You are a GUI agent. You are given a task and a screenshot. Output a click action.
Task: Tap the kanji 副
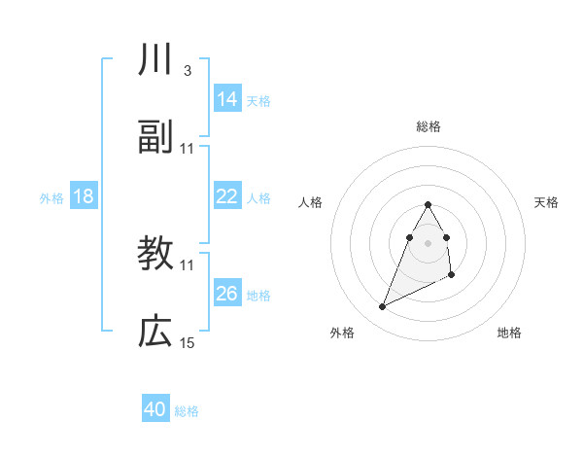pos(155,139)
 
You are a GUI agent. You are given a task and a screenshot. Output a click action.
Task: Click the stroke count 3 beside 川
pos(187,72)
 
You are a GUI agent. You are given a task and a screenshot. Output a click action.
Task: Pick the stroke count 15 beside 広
pos(188,342)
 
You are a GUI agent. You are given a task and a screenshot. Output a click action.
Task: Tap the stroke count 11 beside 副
pos(188,148)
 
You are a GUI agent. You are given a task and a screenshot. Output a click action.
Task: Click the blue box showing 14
pos(227,99)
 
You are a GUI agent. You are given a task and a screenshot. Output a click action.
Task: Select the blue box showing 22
pos(227,197)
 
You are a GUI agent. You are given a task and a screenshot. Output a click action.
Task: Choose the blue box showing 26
pos(227,294)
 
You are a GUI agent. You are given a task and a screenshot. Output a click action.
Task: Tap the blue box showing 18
pos(84,197)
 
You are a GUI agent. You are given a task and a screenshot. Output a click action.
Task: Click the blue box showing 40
pos(155,409)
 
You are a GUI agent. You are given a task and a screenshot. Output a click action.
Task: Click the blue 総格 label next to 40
pos(187,411)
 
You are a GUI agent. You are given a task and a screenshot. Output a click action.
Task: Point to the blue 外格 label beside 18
pos(51,198)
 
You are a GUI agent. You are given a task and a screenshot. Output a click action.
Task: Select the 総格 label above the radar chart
pos(428,126)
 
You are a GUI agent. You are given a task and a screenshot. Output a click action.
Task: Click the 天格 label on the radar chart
pos(547,202)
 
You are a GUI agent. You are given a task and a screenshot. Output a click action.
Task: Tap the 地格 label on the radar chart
pos(509,333)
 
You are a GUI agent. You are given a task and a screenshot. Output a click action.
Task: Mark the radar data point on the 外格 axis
pos(383,307)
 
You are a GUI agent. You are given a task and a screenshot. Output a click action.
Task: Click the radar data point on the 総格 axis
pos(428,204)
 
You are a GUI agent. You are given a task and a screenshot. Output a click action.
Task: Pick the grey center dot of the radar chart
pos(428,241)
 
